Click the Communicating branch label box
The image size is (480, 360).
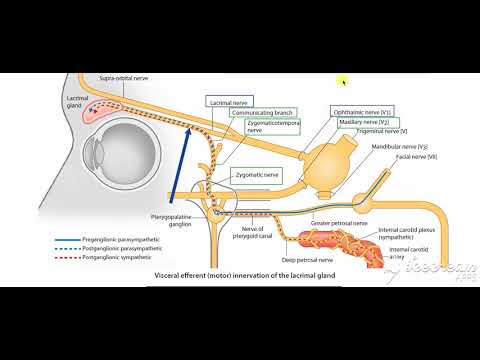[x=253, y=113]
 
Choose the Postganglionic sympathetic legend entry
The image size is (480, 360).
[x=107, y=256]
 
